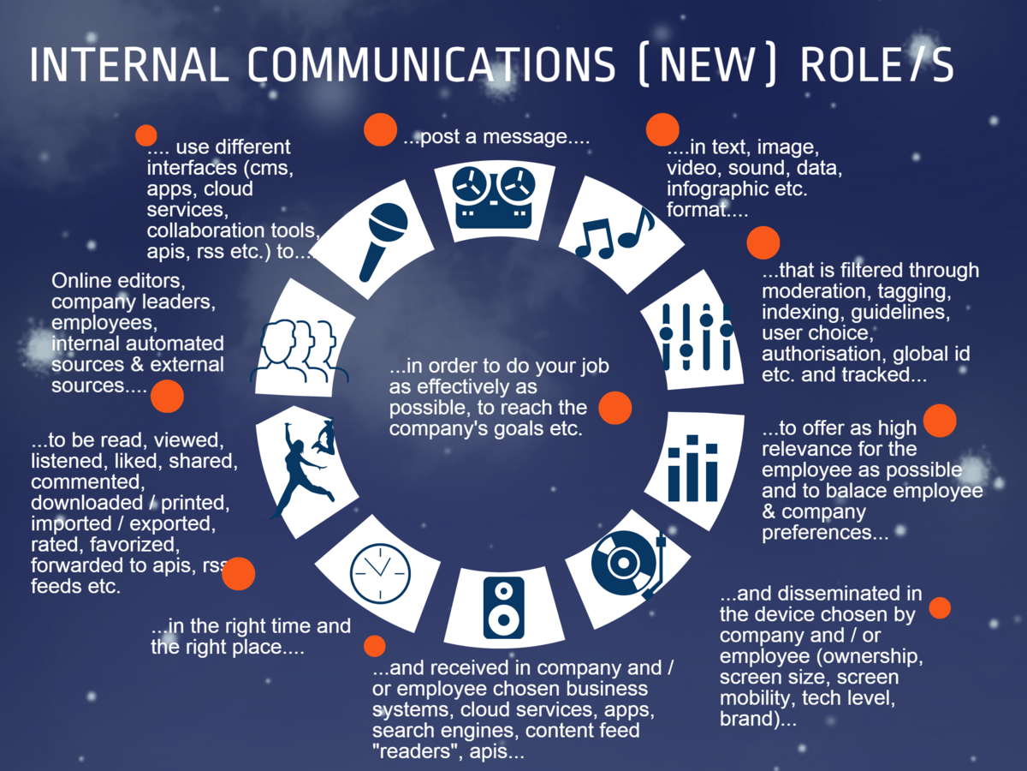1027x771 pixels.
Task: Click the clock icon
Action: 380,571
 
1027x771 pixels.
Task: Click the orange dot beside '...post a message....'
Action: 379,129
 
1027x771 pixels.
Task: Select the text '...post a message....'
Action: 496,136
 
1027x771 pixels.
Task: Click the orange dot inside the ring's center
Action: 614,408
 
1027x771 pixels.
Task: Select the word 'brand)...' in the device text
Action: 758,718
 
